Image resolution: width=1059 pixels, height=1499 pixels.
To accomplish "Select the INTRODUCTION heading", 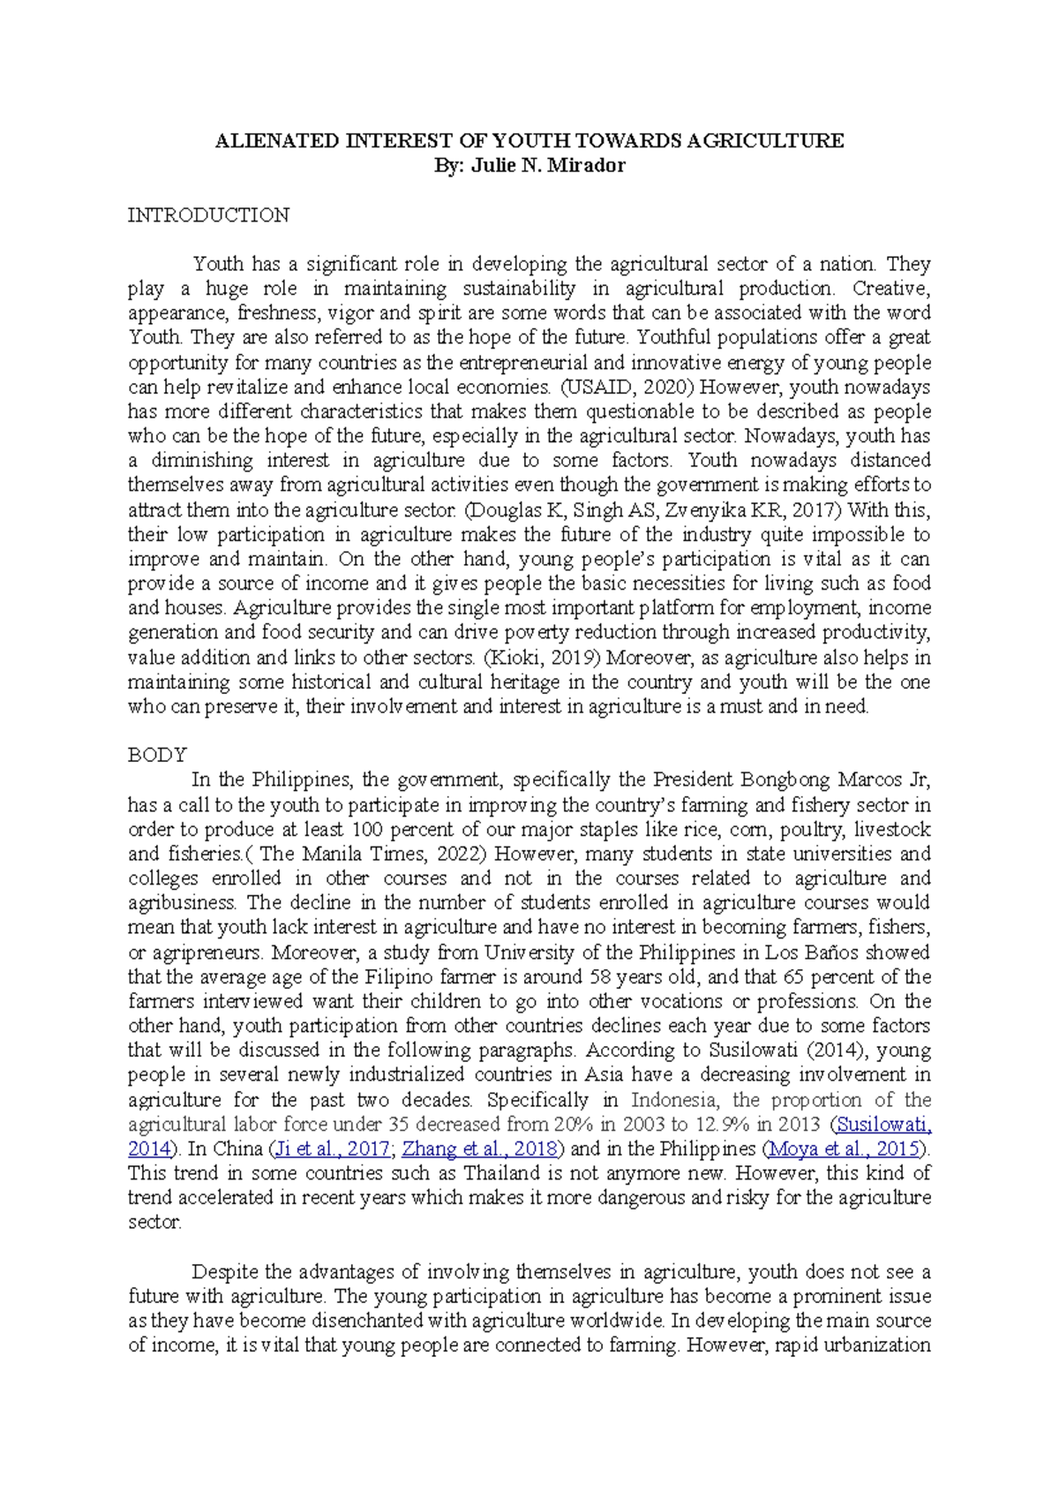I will [x=208, y=215].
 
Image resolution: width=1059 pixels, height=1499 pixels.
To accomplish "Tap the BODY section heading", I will [x=157, y=755].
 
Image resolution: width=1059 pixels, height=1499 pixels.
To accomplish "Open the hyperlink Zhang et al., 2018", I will [x=480, y=1149].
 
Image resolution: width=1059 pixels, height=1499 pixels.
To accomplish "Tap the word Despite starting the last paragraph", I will [x=225, y=1272].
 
